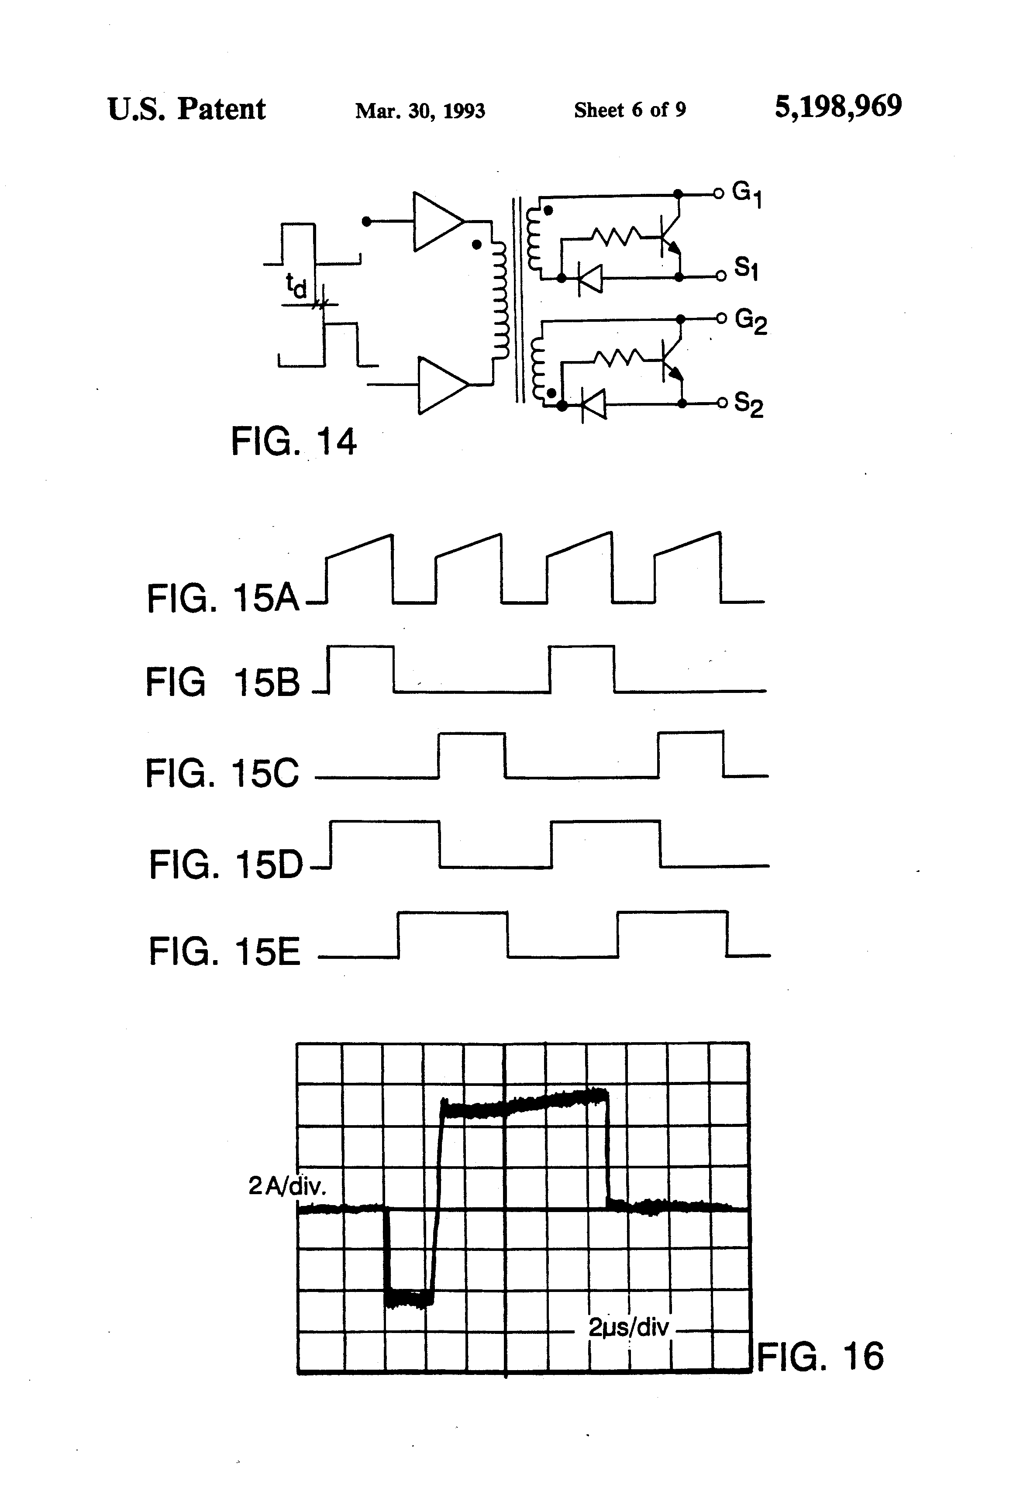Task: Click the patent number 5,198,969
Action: point(838,107)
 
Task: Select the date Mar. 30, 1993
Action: point(420,111)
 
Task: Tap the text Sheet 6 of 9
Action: point(630,110)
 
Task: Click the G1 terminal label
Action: point(747,194)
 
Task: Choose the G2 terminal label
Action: point(751,321)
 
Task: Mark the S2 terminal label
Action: point(748,405)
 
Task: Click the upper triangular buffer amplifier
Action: point(439,221)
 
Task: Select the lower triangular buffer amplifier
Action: point(443,386)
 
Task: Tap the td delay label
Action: point(296,286)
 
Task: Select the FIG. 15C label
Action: point(222,773)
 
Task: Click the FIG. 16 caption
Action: point(820,1356)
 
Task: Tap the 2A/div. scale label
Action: point(287,1186)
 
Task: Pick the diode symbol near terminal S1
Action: point(590,278)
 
